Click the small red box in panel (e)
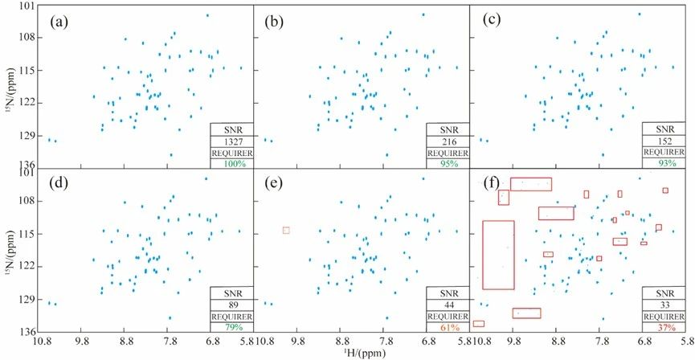tap(286, 231)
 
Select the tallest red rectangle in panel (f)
tap(498, 254)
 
